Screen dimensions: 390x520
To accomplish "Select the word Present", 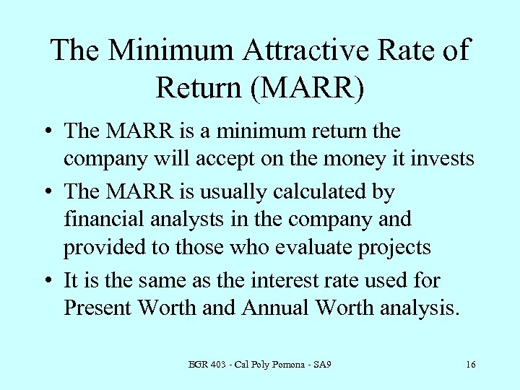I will [98, 308].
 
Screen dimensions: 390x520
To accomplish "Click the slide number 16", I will [470, 365].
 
